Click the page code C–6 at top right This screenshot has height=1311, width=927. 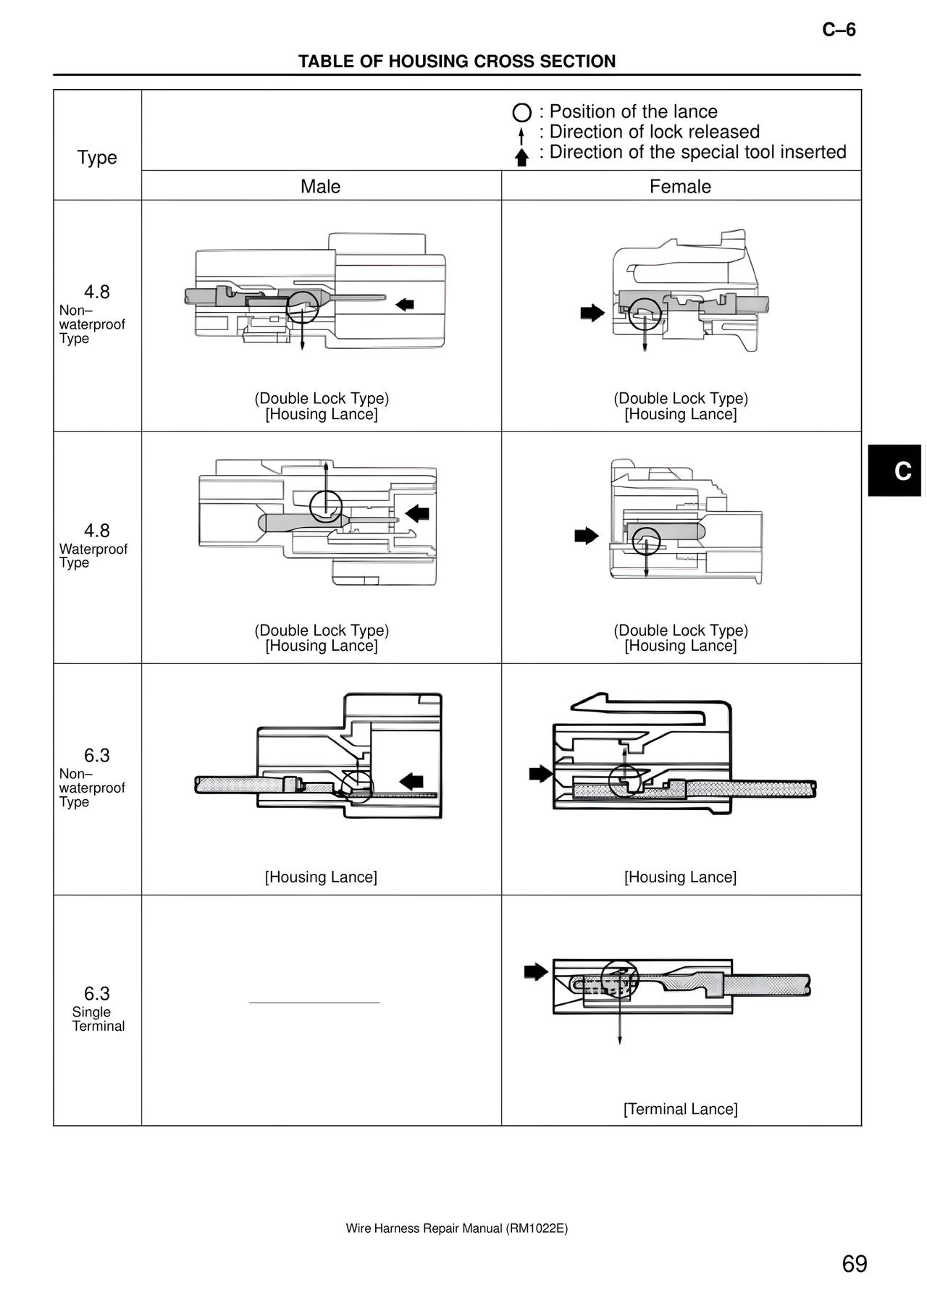coord(839,30)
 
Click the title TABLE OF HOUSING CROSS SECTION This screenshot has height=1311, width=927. coord(457,62)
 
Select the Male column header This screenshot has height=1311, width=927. coord(320,187)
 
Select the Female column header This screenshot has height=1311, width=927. coord(680,187)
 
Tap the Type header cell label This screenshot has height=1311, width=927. coord(97,158)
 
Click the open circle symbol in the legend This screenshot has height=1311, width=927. coord(522,113)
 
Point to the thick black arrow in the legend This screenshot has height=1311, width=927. coord(521,157)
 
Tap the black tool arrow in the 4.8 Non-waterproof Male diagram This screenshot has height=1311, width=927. coord(405,305)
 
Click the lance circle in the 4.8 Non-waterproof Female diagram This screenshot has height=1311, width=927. coord(644,314)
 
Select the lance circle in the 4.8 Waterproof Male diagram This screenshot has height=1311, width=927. coord(326,506)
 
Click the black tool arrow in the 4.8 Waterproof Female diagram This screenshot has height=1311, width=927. coord(587,536)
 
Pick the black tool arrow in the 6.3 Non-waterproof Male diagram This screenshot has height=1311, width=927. coord(411,781)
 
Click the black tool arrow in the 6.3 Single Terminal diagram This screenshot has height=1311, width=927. coord(536,971)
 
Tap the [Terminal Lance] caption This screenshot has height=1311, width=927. coord(681,1109)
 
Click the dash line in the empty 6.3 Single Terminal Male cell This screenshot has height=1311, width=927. coord(314,1003)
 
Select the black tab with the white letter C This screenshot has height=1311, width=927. coord(895,471)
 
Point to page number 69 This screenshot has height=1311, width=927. coord(855,1264)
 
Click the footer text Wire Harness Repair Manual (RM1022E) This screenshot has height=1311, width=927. coord(457,1228)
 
